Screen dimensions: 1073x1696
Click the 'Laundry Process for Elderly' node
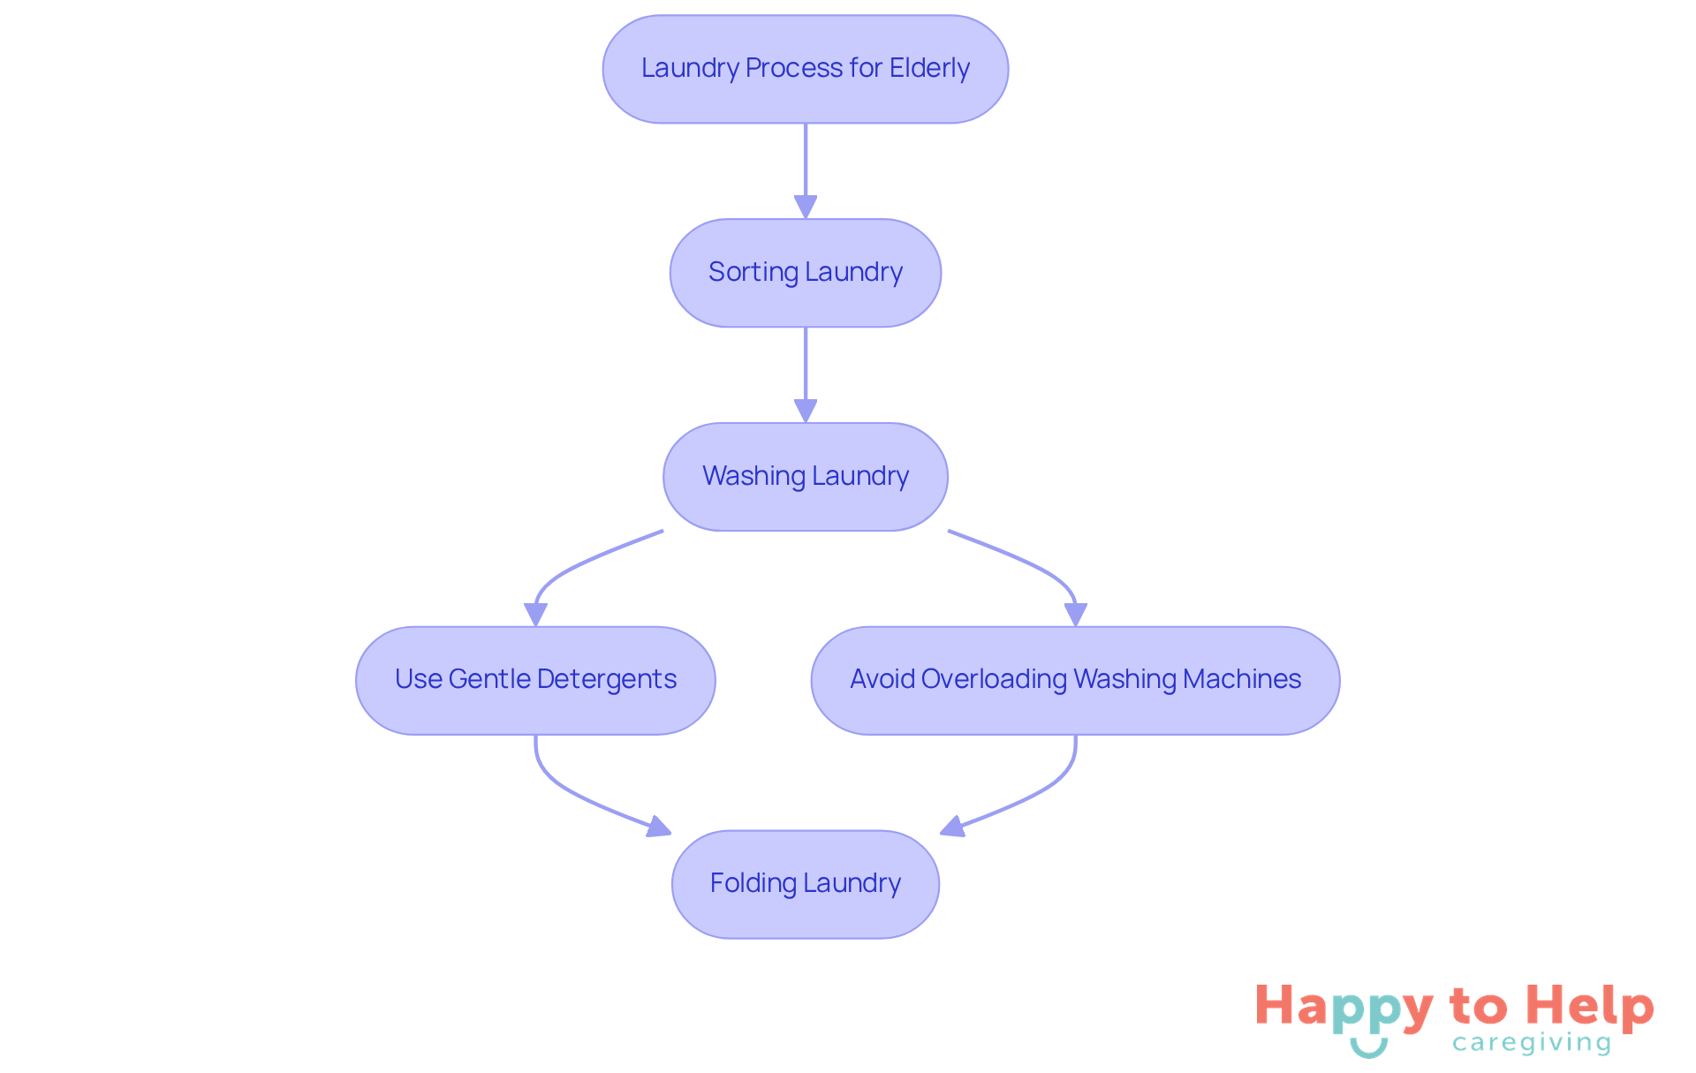point(805,69)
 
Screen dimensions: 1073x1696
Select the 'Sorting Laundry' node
point(805,273)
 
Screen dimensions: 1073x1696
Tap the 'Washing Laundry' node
point(805,477)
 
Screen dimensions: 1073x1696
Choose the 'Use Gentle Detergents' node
point(535,680)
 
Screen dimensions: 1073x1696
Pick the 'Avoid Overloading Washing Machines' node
point(1075,680)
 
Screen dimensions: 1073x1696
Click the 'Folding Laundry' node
point(805,884)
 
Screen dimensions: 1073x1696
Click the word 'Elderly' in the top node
point(929,68)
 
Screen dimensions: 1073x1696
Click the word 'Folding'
point(753,883)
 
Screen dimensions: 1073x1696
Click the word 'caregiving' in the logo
point(1532,1043)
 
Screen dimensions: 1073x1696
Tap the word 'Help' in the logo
point(1589,1007)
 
